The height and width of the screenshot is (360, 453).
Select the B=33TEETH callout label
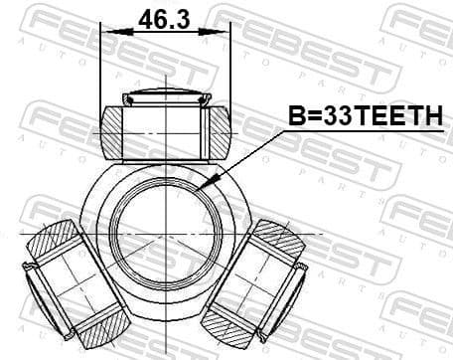(x=365, y=118)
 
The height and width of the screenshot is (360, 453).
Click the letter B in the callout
(x=297, y=118)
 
